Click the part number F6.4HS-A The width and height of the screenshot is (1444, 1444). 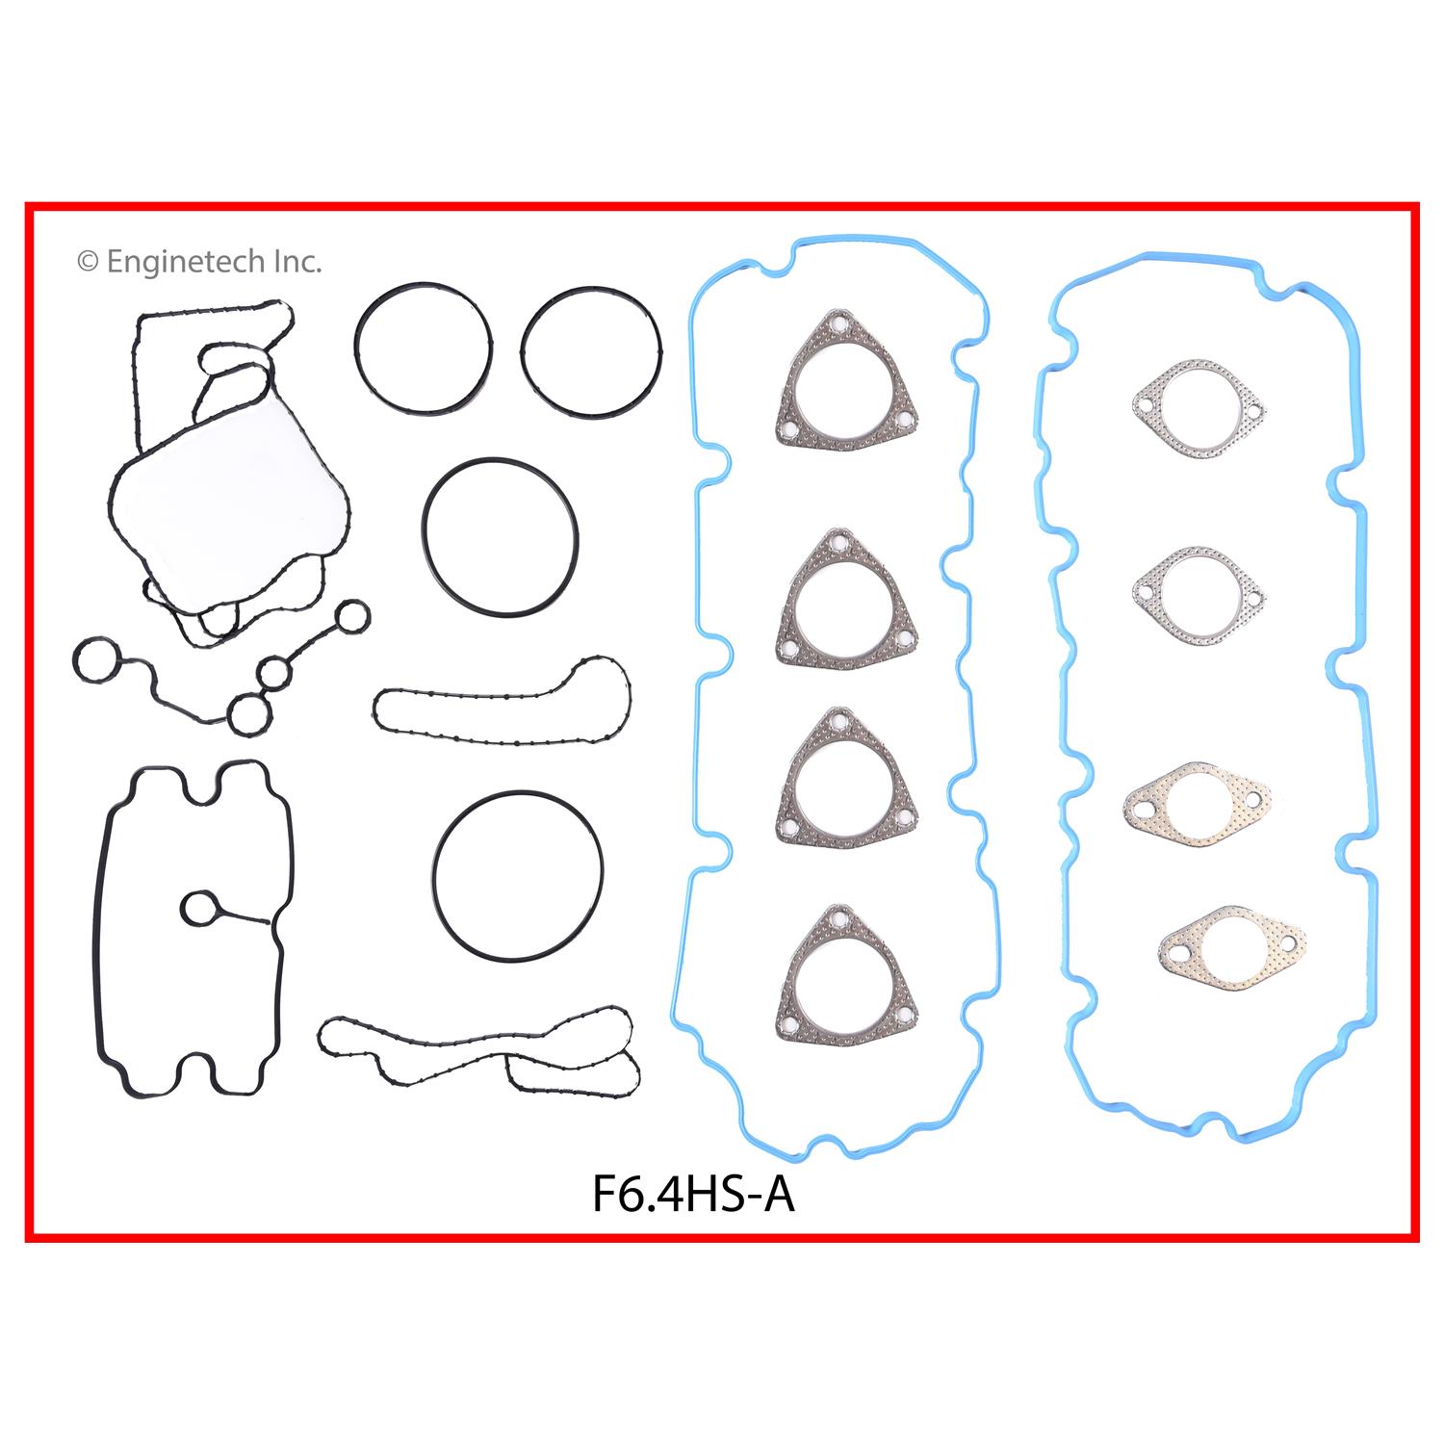click(x=693, y=1196)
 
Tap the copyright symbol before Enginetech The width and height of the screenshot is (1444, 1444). click(x=88, y=262)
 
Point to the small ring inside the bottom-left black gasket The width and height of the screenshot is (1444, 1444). click(x=199, y=907)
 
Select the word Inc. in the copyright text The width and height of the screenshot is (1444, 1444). click(x=298, y=262)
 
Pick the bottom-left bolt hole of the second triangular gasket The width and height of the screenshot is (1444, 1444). click(x=788, y=648)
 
